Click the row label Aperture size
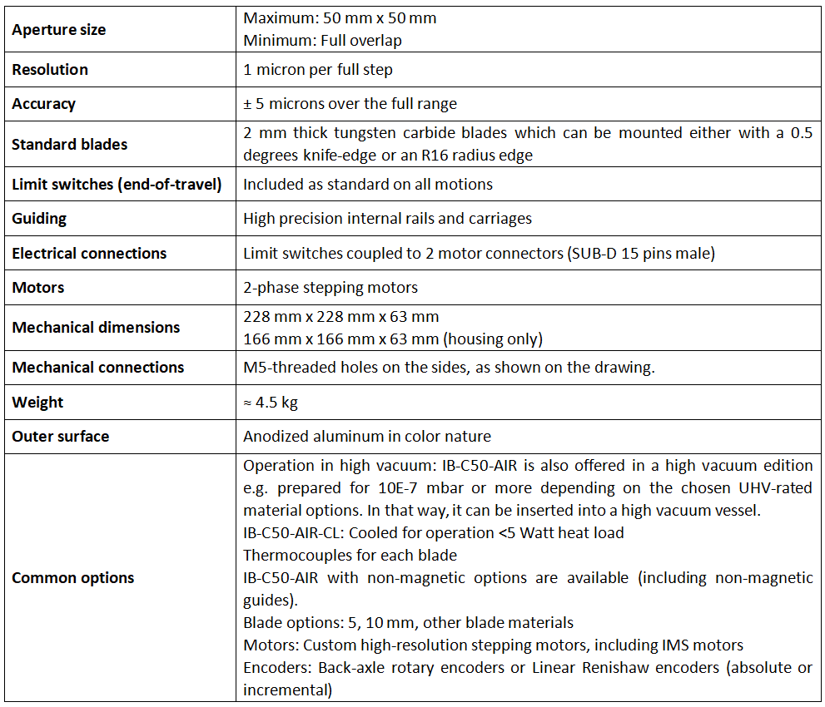click(58, 30)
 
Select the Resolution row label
click(50, 70)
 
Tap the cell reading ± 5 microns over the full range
click(350, 104)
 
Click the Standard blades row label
click(69, 144)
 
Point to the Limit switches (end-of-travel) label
click(117, 185)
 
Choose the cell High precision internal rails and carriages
click(387, 219)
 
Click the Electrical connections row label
click(89, 253)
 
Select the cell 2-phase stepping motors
click(330, 288)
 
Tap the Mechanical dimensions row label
click(96, 327)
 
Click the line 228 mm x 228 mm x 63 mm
click(340, 317)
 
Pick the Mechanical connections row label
click(98, 368)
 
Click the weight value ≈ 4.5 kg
click(271, 403)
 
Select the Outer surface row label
click(60, 437)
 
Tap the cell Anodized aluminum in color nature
click(367, 437)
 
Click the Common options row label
click(72, 578)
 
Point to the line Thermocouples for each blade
click(350, 555)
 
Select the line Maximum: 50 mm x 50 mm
click(340, 17)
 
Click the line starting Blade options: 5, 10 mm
click(408, 622)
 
